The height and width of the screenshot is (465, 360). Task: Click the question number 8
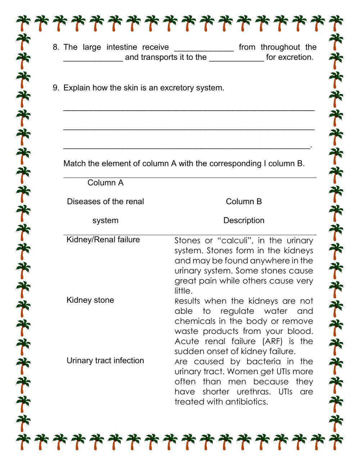point(55,47)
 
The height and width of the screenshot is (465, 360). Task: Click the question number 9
point(55,88)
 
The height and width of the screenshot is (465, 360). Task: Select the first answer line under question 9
point(189,109)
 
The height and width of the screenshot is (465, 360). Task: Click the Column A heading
point(105,183)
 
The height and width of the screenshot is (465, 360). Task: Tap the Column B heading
point(244,202)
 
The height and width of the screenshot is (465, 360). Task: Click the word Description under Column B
point(244,220)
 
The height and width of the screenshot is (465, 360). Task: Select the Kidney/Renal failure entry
point(103,240)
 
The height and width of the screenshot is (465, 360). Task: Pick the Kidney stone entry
point(90,300)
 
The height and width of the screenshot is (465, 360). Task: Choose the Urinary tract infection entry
point(105,361)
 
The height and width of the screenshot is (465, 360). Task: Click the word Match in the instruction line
point(74,164)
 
